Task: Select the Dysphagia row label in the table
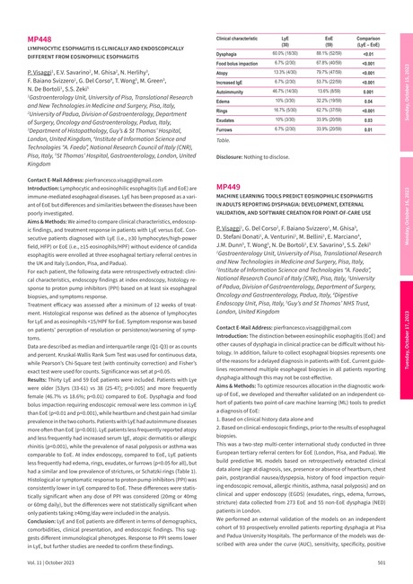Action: [232, 53]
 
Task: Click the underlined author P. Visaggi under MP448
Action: [43, 71]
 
